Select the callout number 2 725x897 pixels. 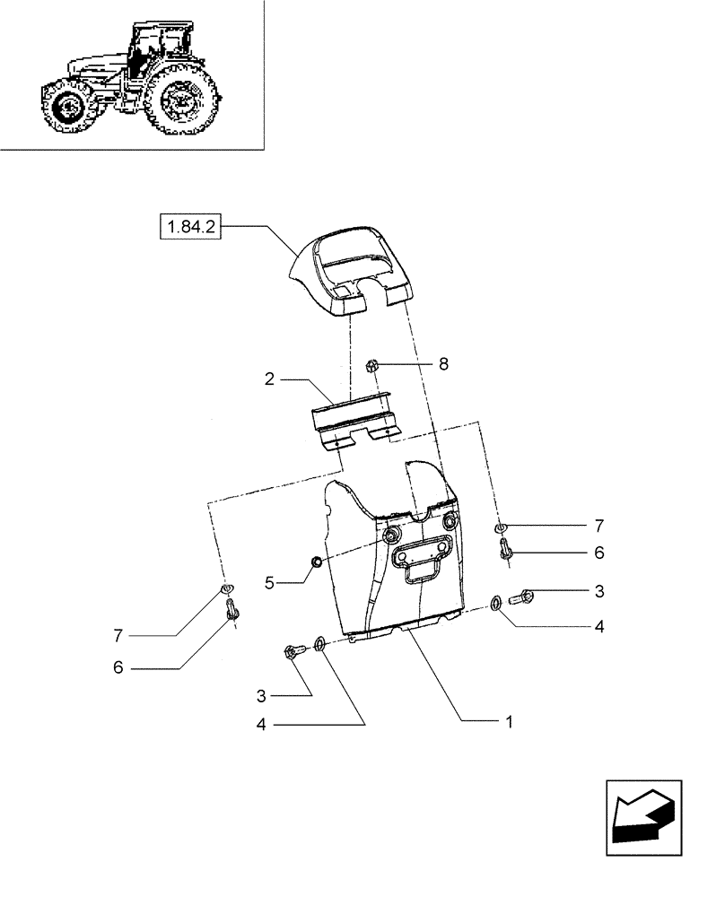[269, 379]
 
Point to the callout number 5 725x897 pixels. [269, 582]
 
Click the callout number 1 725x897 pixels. [509, 721]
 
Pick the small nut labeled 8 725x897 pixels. [374, 365]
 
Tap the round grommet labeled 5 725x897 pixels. [316, 562]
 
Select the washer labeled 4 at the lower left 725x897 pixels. [319, 644]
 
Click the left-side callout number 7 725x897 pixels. [118, 636]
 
